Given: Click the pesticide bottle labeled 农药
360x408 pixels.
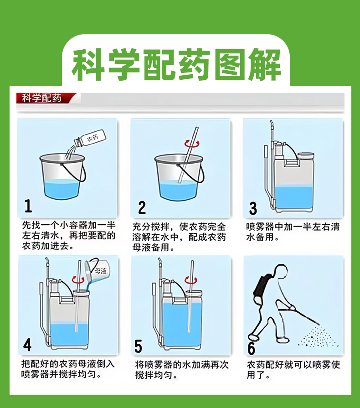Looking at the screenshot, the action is [90, 138].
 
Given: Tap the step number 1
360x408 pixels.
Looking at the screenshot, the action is [28, 206].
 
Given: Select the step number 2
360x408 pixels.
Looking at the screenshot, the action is [142, 207].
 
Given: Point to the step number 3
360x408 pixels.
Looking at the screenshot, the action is [253, 208].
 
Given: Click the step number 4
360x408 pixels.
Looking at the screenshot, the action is [27, 345].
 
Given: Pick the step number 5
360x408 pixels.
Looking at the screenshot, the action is [139, 346].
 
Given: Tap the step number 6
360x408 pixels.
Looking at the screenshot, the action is [251, 348].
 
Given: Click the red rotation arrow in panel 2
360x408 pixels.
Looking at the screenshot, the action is [192, 144].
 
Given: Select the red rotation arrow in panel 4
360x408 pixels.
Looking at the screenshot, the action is [78, 280].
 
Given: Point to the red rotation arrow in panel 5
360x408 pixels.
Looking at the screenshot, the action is [190, 280].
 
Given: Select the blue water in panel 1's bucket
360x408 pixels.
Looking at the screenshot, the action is [62, 190].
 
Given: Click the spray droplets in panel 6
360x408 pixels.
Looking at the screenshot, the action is [319, 338].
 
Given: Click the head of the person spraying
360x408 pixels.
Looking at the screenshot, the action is [280, 271].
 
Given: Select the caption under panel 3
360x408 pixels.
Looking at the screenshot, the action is [293, 232].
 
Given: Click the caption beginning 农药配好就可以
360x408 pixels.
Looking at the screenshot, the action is [293, 370].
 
